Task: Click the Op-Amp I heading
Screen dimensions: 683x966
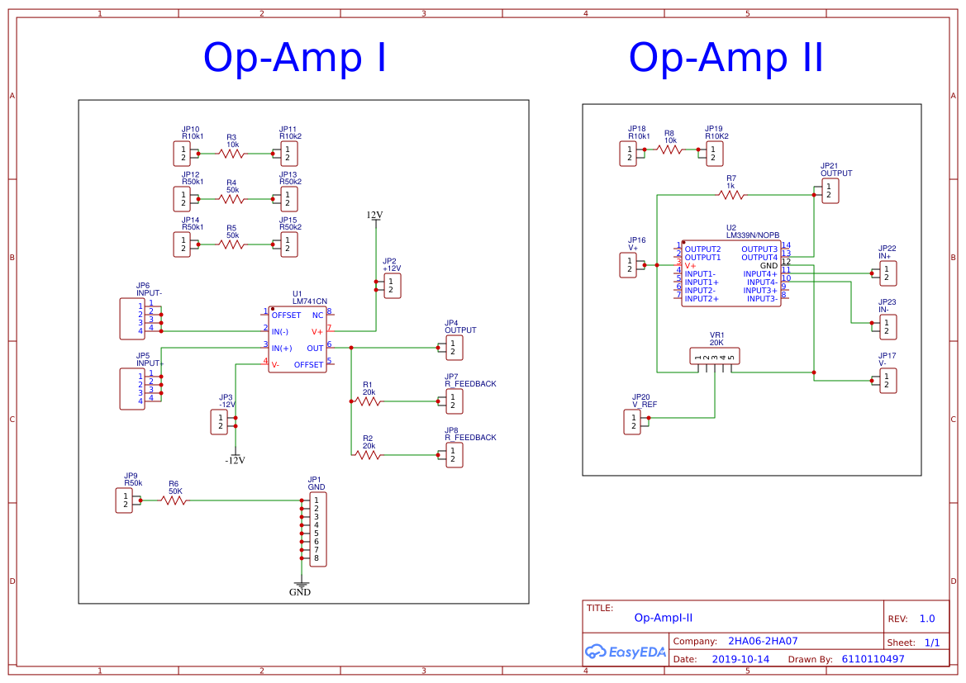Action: click(295, 59)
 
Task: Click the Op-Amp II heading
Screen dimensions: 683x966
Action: click(726, 59)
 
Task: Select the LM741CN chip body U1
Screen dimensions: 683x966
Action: click(297, 339)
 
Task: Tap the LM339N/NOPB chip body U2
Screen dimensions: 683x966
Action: click(730, 273)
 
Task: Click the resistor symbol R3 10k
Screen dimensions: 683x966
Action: click(232, 154)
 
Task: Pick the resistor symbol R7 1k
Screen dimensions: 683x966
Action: click(730, 195)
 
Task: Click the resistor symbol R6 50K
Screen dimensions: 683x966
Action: click(174, 500)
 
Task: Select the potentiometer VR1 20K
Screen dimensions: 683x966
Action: click(715, 356)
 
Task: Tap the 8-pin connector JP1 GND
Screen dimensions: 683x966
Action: click(317, 529)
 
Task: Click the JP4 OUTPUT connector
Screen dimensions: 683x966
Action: click(454, 348)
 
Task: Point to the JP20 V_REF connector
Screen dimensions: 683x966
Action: click(631, 422)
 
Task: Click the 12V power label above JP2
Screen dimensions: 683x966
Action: click(375, 216)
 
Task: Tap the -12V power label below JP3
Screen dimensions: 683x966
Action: click(236, 460)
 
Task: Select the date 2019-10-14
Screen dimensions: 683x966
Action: click(740, 660)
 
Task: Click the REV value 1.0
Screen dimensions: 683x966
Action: click(927, 619)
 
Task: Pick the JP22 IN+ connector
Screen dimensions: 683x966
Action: click(887, 273)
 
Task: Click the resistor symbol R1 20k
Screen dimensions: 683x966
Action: click(368, 401)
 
